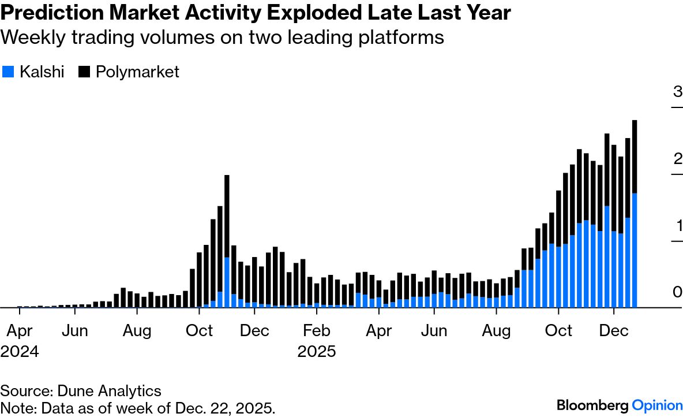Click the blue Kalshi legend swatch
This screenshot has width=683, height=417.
click(x=8, y=72)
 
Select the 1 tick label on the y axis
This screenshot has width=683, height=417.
click(x=677, y=225)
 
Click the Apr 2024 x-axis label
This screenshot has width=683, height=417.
click(x=20, y=341)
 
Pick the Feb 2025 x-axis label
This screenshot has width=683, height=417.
click(x=317, y=341)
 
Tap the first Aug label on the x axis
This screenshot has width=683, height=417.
click(x=137, y=331)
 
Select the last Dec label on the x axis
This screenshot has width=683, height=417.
click(x=614, y=331)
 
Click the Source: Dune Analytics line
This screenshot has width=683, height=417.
click(x=81, y=391)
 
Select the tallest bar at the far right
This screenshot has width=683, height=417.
click(x=635, y=156)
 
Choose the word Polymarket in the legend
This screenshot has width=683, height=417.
click(x=137, y=72)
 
